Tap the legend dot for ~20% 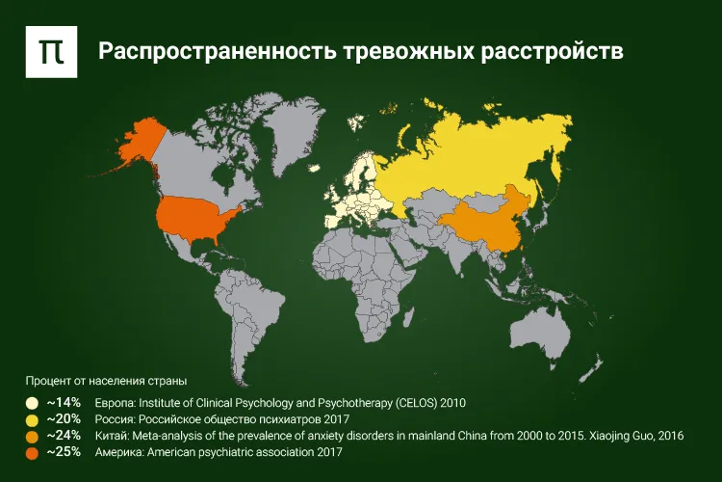point(32,420)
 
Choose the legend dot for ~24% point(32,437)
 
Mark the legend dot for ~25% point(32,453)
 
